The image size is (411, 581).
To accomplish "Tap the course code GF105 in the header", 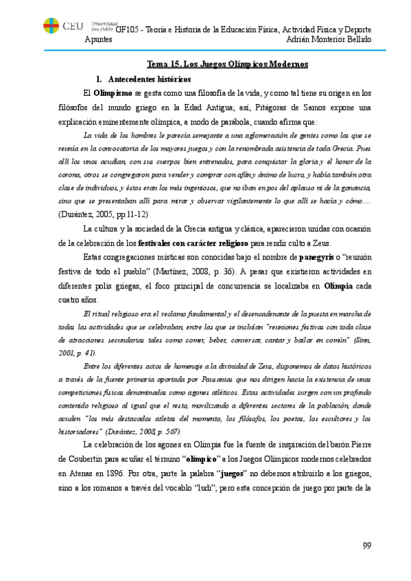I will [x=128, y=29].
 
